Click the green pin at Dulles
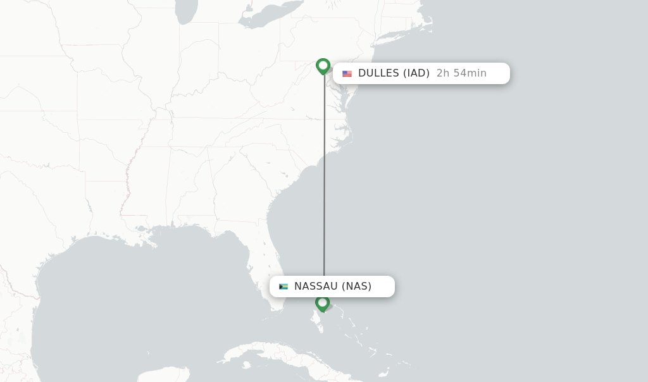pos(323,66)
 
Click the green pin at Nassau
pos(322,303)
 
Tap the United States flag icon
pos(347,73)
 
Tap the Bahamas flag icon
pos(283,286)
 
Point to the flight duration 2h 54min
pos(461,73)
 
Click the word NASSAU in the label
pos(316,286)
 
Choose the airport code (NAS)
pos(357,286)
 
